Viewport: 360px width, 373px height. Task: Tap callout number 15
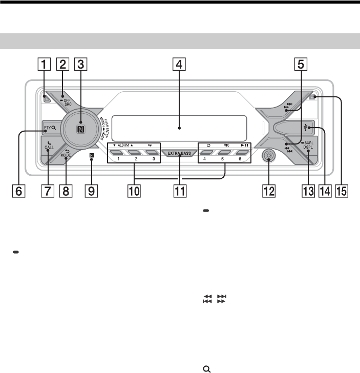(342, 191)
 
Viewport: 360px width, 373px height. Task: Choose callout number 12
(269, 191)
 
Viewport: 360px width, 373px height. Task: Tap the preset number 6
(240, 159)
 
